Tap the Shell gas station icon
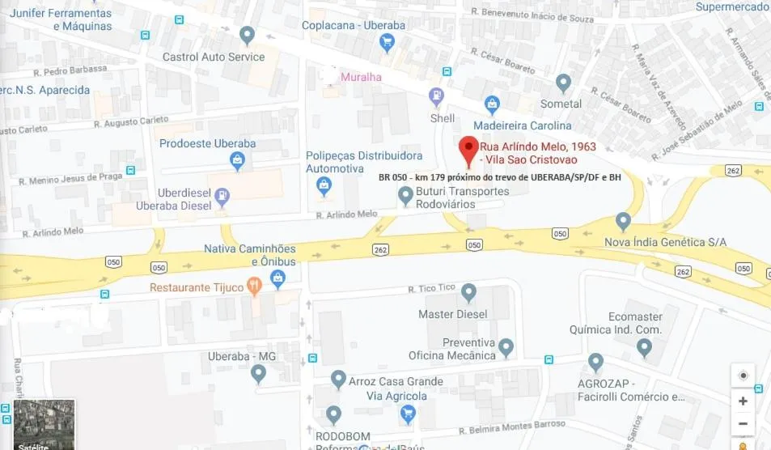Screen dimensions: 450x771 437,96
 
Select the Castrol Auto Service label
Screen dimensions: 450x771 214,57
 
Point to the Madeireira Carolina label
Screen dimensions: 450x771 522,125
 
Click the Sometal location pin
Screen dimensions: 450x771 564,83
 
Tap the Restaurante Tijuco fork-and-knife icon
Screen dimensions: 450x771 254,284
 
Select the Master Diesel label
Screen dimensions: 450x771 452,314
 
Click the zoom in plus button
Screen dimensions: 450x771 742,401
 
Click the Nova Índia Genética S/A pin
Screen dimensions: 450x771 623,220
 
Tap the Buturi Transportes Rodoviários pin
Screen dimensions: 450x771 406,195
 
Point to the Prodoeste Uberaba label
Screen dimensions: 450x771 207,143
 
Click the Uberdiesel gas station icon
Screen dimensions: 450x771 222,195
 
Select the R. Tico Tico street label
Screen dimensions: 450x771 432,288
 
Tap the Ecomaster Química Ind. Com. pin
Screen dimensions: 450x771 644,348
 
